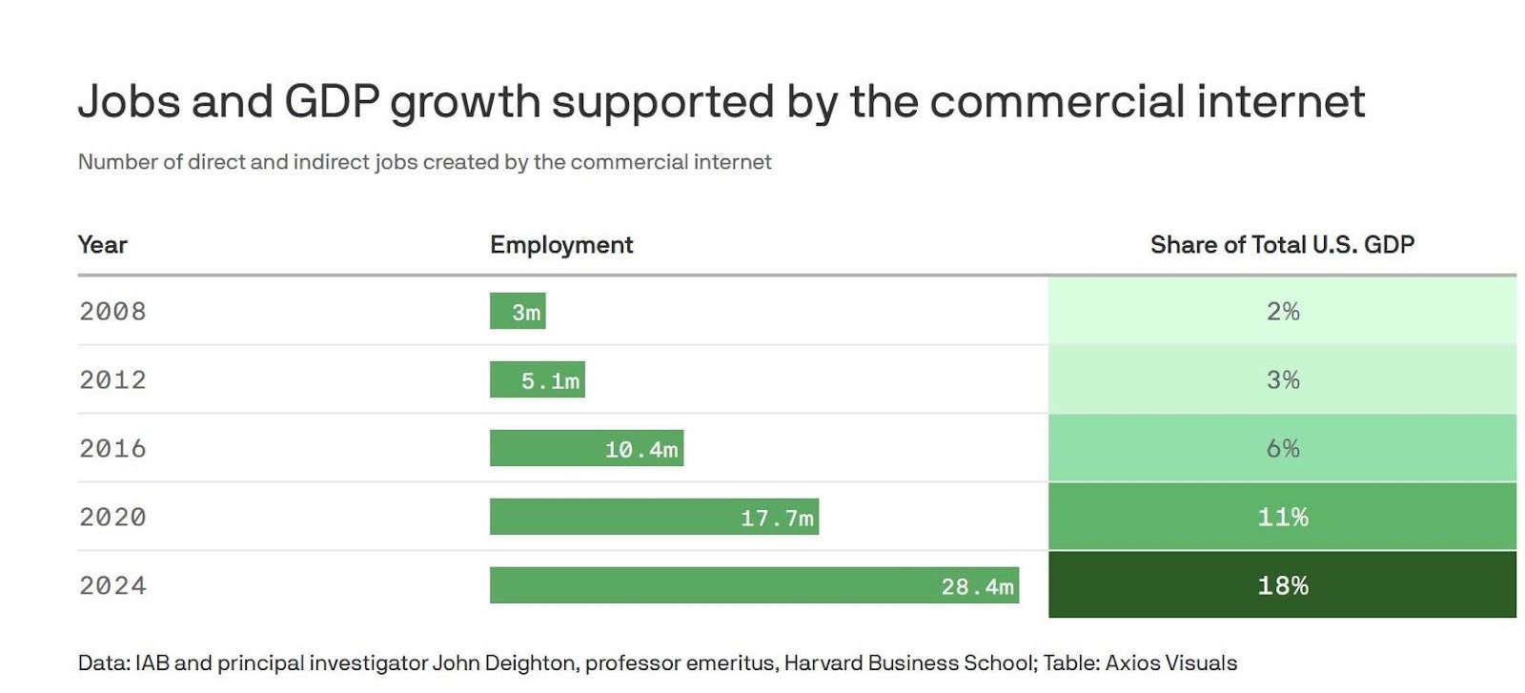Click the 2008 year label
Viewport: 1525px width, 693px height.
point(112,312)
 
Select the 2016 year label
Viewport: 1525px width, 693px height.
point(112,449)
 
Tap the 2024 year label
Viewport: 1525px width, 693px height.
point(112,585)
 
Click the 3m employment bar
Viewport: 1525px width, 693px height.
point(518,312)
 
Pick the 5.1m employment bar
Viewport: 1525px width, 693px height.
point(537,380)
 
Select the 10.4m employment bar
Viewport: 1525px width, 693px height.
point(586,449)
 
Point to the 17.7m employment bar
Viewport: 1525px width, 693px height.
point(654,518)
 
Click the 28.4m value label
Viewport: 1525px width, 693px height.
point(977,586)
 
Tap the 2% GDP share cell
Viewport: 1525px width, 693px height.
point(1282,312)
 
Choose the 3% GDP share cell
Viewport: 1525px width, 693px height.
point(1282,380)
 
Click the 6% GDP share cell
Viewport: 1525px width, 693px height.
point(1282,449)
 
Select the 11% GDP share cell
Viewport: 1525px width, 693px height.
point(1282,518)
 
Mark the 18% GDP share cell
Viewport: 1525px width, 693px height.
point(1282,586)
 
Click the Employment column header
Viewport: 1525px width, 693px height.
point(561,245)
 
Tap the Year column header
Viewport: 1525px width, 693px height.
point(102,245)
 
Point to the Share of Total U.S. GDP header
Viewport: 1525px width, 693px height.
point(1282,245)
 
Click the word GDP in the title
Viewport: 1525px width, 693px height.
point(332,102)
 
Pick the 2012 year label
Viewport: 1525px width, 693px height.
point(112,380)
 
